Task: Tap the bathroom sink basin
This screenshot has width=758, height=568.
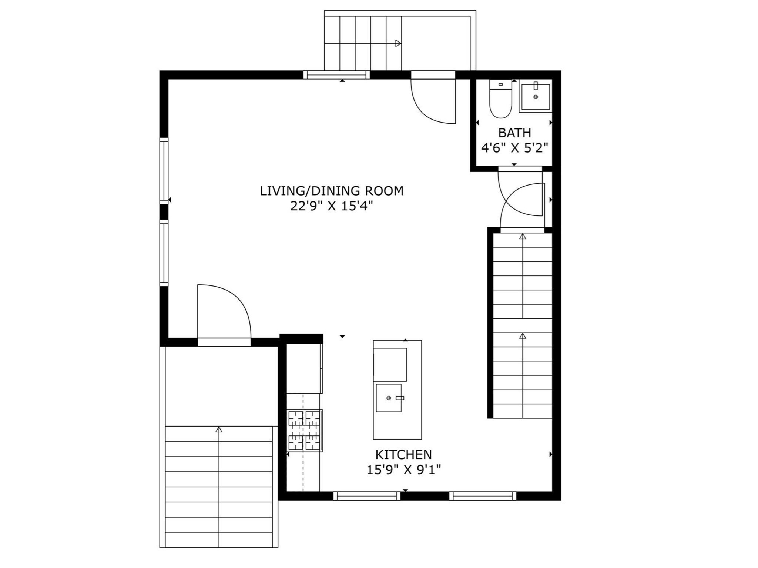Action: coord(535,97)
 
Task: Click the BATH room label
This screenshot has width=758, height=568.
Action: coord(514,133)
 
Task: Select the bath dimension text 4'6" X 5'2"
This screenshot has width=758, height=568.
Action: coord(514,148)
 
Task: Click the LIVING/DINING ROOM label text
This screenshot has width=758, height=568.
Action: coord(331,191)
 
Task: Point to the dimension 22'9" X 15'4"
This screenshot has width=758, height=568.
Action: coord(331,206)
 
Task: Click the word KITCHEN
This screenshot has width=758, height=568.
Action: coord(403,454)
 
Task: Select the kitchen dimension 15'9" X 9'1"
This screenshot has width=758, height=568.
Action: coord(403,470)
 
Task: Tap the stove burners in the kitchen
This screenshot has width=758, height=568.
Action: coord(305,430)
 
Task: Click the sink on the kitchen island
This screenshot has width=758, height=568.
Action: coord(389,398)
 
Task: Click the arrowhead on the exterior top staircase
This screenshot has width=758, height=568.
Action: coord(398,43)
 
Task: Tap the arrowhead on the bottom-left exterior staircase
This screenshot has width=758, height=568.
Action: coord(219,430)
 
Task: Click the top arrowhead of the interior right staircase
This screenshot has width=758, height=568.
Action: coord(523,236)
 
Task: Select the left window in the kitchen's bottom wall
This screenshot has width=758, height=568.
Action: coord(367,496)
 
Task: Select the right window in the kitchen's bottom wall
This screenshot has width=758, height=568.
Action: coord(483,496)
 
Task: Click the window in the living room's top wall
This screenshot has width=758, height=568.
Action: coord(336,75)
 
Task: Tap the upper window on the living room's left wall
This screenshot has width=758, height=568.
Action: coord(164,170)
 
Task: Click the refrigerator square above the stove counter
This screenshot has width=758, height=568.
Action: coord(304,369)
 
